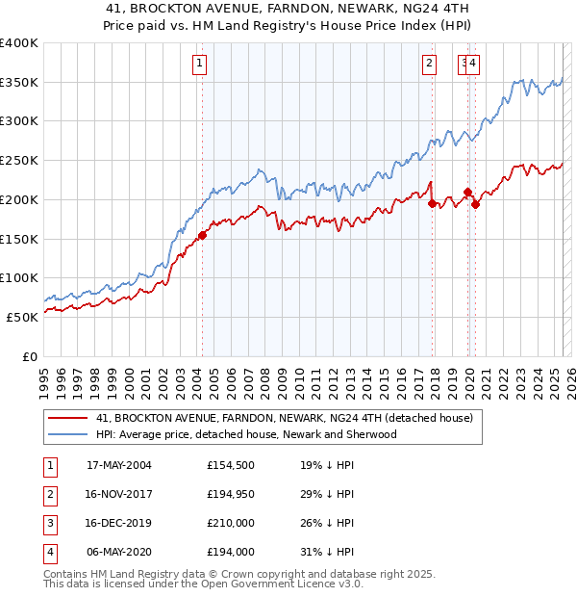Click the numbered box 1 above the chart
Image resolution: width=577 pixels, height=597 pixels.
(199, 65)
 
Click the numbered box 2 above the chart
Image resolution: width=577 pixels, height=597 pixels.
(429, 65)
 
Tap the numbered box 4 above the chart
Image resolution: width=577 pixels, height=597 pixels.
(474, 65)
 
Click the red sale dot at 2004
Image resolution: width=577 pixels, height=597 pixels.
(202, 235)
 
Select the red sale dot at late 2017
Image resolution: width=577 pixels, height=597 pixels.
(432, 203)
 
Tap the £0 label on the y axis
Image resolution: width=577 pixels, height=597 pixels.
(29, 356)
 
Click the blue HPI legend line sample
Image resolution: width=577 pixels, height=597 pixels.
(67, 434)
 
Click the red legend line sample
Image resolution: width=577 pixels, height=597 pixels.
(67, 418)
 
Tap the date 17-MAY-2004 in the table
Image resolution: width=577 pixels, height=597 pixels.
(119, 465)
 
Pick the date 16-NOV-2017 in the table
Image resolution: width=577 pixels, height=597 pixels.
(119, 494)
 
